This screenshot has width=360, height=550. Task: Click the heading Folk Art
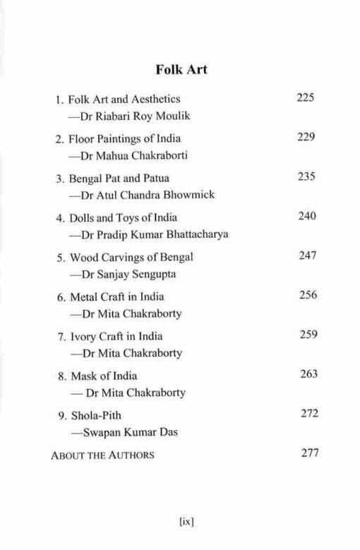180,71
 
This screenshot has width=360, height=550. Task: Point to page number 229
305,137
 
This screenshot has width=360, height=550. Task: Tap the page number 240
306,215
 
